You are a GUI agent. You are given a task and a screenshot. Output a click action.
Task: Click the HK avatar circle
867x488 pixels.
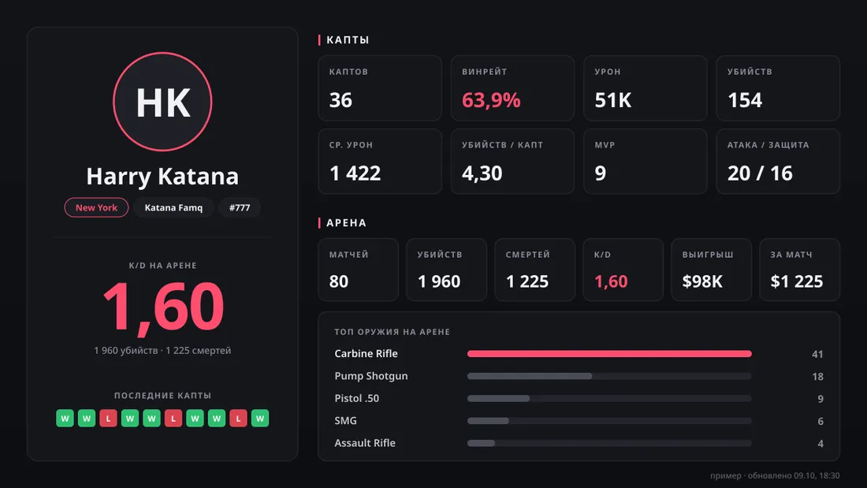click(x=162, y=102)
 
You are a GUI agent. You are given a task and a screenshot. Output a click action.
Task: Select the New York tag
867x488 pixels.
click(x=96, y=207)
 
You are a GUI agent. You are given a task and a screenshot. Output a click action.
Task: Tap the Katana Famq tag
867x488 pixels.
click(x=173, y=207)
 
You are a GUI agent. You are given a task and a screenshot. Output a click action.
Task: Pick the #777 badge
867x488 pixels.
click(x=240, y=207)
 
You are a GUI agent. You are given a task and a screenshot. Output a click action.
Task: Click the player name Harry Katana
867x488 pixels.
click(x=162, y=176)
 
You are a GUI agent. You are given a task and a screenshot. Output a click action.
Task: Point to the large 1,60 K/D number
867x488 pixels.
click(x=163, y=307)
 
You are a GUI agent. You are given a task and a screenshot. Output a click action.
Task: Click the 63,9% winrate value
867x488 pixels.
click(x=491, y=100)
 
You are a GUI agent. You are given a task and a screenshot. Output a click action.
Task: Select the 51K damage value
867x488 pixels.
click(x=612, y=100)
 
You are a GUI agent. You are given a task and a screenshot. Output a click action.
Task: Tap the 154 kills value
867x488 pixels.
click(x=745, y=100)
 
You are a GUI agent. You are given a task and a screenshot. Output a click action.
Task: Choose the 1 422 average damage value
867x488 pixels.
click(x=355, y=173)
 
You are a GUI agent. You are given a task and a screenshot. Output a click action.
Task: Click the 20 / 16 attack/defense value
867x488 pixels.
click(x=760, y=173)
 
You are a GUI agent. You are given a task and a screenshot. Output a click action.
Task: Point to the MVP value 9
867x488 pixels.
click(x=601, y=173)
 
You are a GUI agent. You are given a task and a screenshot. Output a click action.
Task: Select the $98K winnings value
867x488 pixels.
click(x=702, y=281)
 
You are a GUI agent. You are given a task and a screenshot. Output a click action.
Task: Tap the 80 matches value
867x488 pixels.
click(x=339, y=281)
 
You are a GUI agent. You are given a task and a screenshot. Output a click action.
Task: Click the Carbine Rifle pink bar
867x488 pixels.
click(x=609, y=353)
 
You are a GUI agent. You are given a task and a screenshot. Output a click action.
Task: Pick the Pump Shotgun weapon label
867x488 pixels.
click(x=371, y=376)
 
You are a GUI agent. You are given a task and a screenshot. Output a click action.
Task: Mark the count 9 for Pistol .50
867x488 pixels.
click(x=820, y=398)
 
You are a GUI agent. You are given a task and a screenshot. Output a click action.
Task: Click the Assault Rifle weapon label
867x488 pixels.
click(x=365, y=442)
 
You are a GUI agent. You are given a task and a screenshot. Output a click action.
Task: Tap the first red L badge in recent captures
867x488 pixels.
click(x=109, y=419)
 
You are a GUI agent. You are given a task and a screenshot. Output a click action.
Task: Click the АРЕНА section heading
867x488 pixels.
click(x=346, y=222)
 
